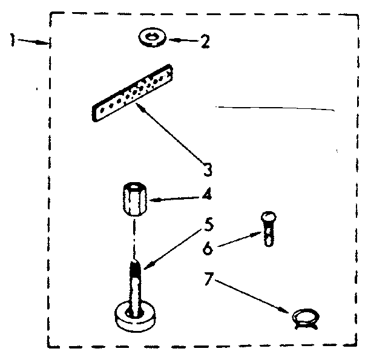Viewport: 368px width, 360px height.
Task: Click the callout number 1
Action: (12, 40)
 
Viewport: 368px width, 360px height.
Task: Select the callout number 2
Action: (205, 42)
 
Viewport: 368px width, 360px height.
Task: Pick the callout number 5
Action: (208, 226)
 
